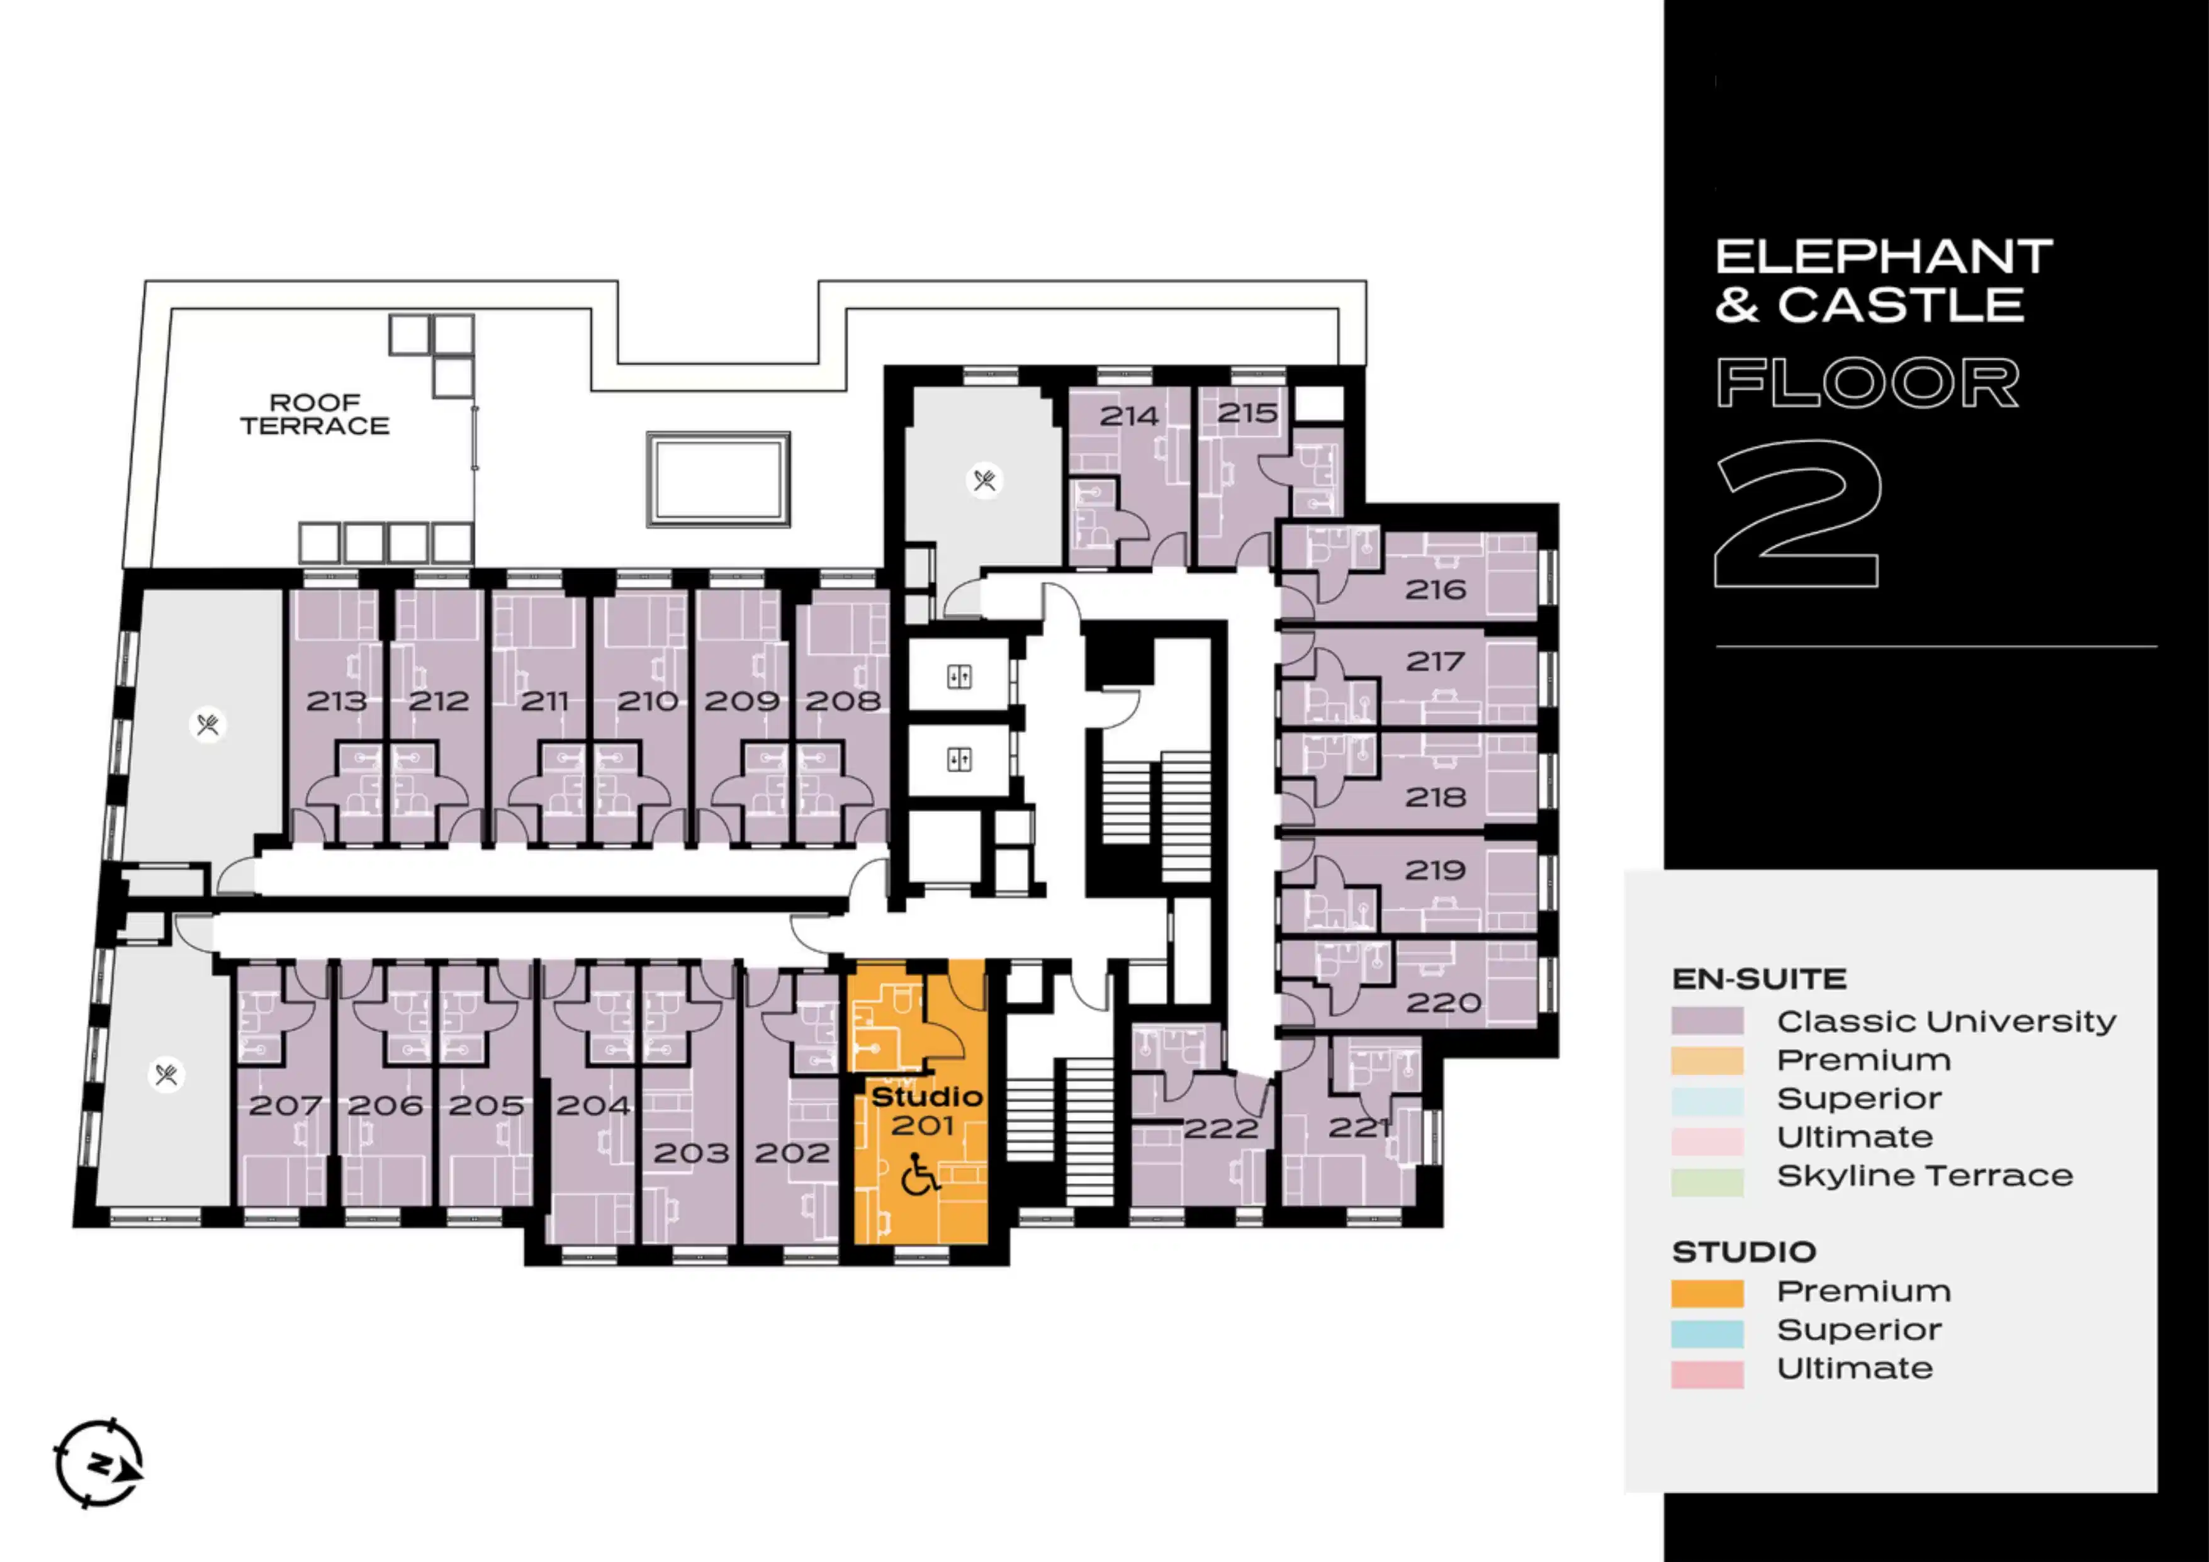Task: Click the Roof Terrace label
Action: (x=315, y=415)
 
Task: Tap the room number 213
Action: (x=337, y=701)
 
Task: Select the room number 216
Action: (x=1436, y=590)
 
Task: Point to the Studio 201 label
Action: (x=926, y=1111)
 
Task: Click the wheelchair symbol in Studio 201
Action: (x=921, y=1174)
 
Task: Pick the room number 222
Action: (x=1221, y=1128)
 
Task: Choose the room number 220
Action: (x=1443, y=1003)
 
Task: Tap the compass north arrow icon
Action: (x=99, y=1463)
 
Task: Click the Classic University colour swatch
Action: (x=1707, y=1021)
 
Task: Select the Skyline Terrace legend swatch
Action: (x=1707, y=1182)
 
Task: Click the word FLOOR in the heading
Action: (x=1867, y=382)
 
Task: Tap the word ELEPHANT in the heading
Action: (x=1884, y=257)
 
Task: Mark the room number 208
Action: (x=843, y=701)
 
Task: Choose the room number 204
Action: (x=593, y=1105)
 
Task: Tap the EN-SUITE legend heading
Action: (x=1759, y=979)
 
